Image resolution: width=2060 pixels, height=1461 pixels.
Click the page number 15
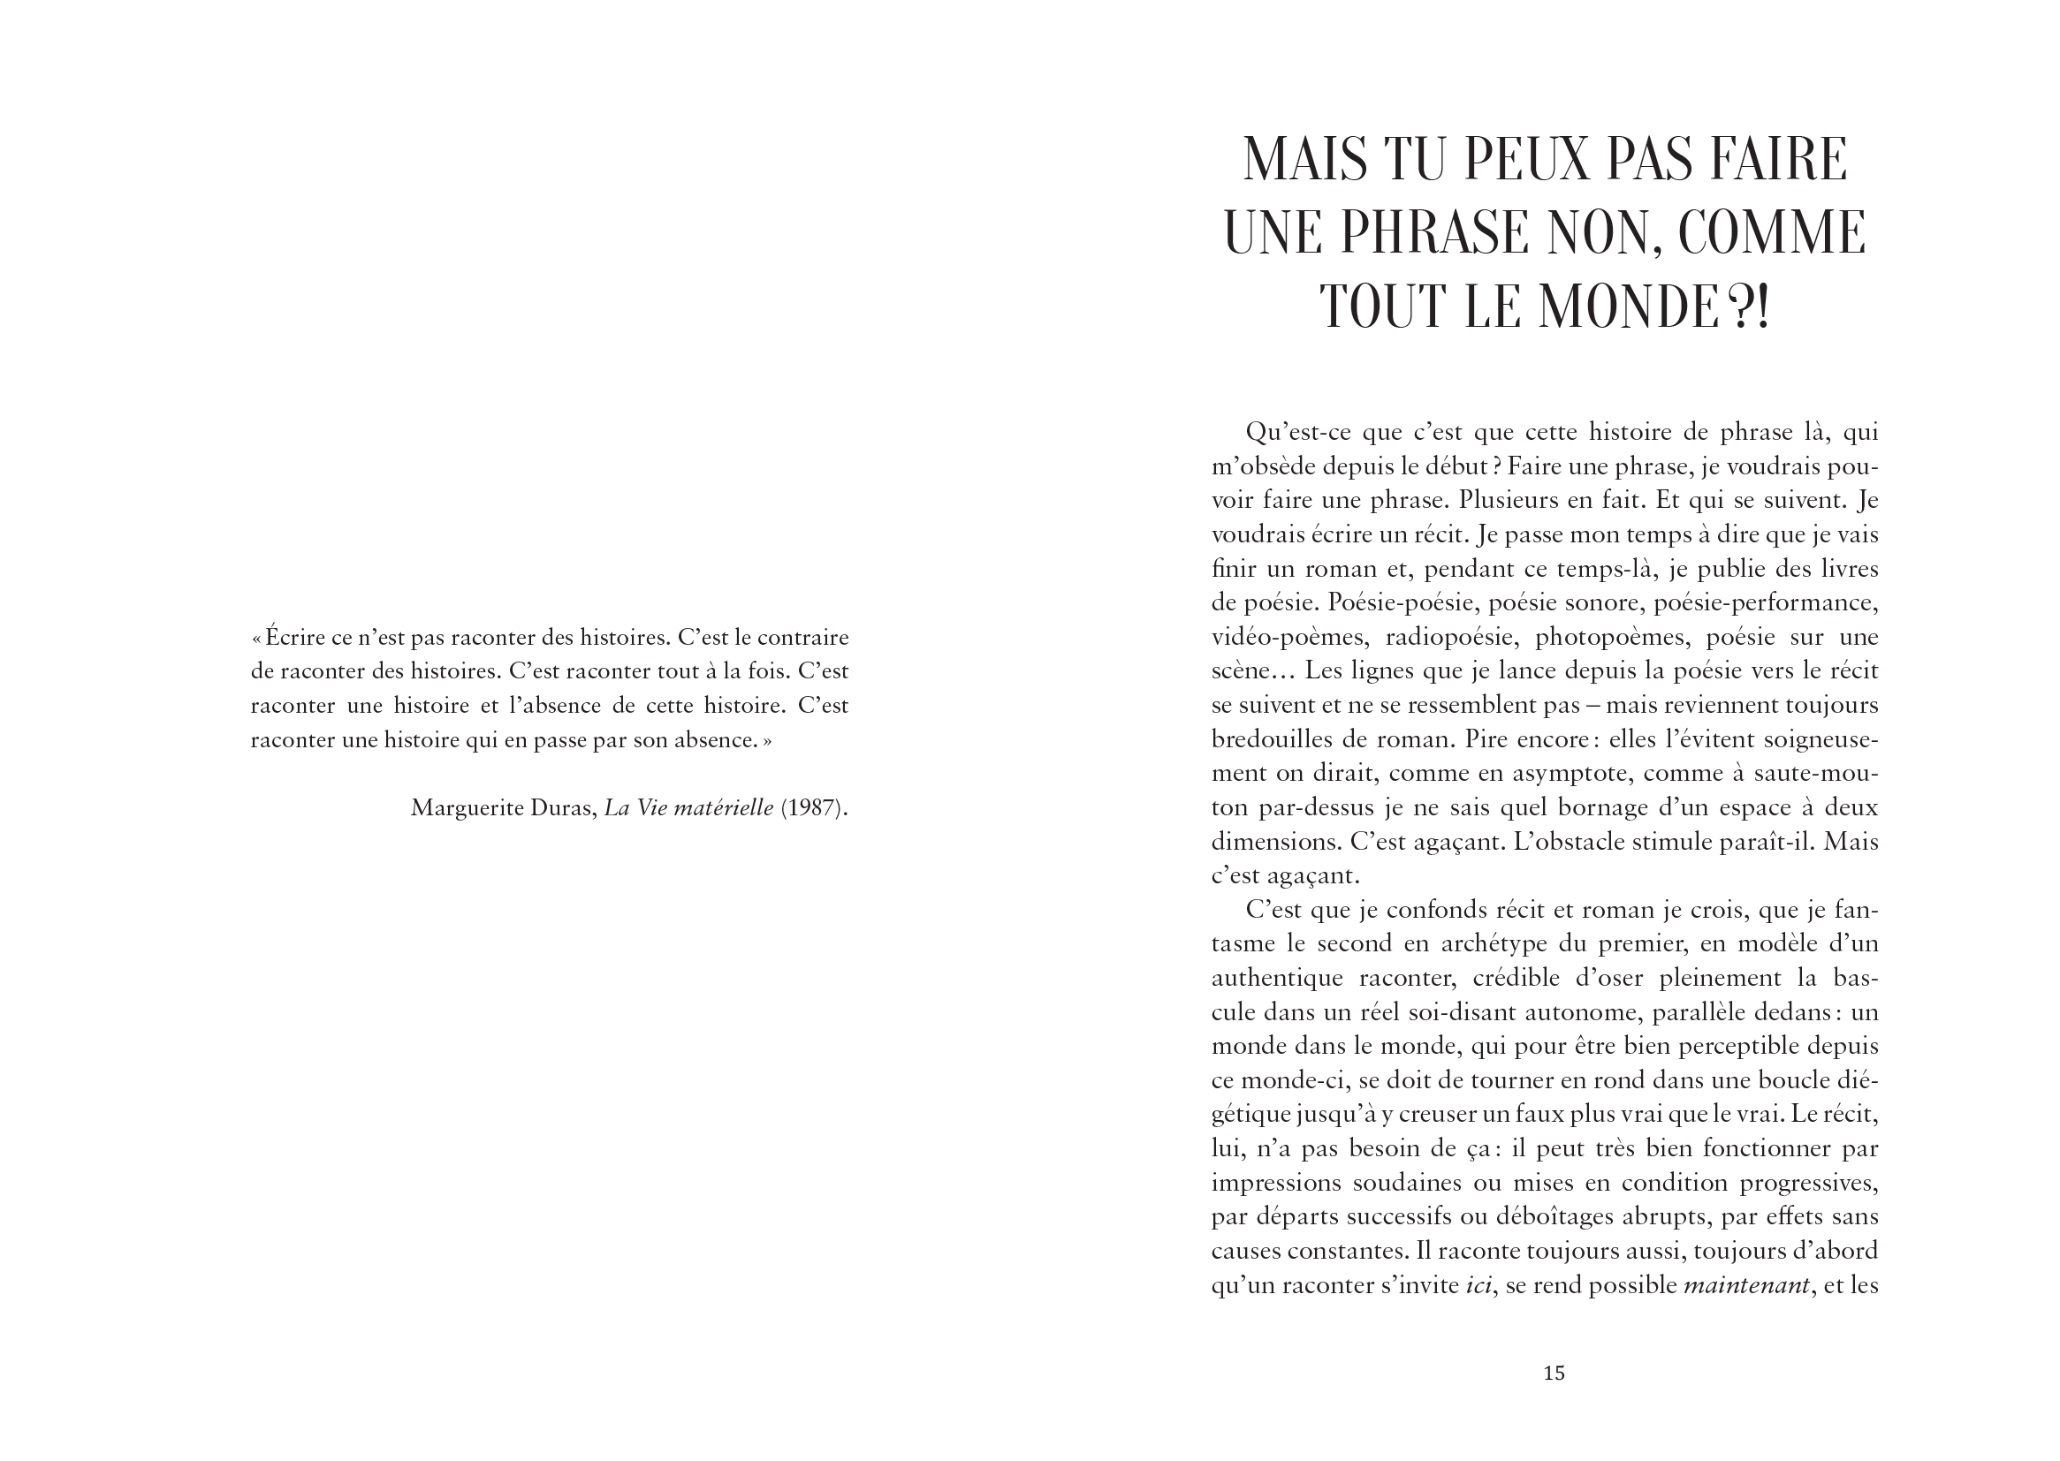[x=1554, y=1373]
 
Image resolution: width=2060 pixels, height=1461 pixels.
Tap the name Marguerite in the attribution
[x=467, y=808]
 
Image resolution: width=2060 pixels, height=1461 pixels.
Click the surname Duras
[x=562, y=808]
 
